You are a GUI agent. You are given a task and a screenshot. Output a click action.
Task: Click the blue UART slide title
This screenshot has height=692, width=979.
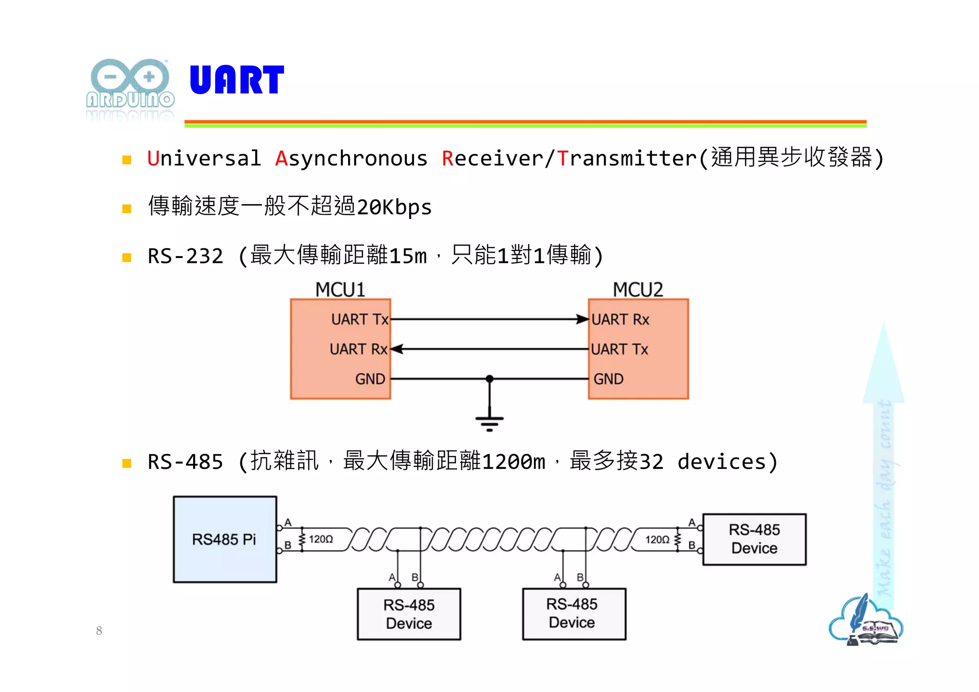pos(237,80)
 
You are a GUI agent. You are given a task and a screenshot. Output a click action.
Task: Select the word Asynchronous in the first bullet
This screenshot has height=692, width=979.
pos(351,159)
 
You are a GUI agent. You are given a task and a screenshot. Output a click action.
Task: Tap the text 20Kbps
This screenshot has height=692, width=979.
pos(394,207)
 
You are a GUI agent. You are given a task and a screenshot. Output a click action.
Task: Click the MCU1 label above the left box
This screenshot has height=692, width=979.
pos(340,290)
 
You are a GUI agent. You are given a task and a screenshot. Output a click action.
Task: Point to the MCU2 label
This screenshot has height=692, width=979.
pos(638,290)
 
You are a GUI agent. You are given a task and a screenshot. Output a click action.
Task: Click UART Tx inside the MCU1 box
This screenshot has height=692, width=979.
pos(359,319)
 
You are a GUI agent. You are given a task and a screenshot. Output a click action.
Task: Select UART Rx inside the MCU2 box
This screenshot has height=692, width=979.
pos(620,319)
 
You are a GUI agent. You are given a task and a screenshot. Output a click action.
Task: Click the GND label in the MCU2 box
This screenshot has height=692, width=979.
pos(608,379)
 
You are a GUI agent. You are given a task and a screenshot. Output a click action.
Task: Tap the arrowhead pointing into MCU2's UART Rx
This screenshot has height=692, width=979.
pos(582,319)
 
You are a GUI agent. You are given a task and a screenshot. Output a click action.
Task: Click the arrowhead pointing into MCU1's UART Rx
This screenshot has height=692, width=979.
pos(397,349)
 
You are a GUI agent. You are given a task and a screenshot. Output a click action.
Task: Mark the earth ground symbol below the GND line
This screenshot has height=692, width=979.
pos(489,422)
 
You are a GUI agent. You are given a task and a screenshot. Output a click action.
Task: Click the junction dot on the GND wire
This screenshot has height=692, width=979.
pos(489,379)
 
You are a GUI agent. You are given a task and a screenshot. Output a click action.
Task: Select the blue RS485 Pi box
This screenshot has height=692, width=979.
pos(225,539)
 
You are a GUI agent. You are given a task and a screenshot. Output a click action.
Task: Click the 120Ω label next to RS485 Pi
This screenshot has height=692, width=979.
pos(321,539)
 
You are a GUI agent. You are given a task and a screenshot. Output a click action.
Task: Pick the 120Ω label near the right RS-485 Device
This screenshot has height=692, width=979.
pos(657,540)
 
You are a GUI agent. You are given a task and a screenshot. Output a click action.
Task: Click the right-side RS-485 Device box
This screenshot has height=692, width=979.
pos(754,539)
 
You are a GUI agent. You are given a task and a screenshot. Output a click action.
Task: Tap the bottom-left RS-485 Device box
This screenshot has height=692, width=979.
pos(409,614)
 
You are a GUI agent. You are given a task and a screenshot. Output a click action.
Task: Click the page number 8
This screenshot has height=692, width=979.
pos(99,631)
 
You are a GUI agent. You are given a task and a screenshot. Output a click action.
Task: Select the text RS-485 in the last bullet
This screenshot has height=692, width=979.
pos(185,462)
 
